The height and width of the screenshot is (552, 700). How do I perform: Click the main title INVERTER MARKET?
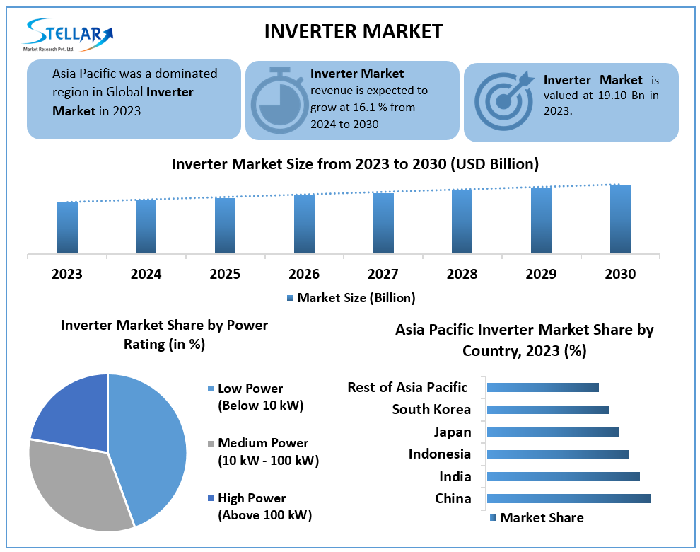point(353,31)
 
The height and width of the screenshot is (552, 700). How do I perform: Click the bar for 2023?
point(67,227)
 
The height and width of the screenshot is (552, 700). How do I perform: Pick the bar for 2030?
point(620,219)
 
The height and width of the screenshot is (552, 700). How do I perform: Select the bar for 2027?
point(383,223)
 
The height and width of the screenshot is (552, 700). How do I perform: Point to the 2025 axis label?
point(225,274)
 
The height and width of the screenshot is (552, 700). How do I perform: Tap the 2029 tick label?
point(541,274)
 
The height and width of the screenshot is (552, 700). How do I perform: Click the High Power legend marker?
point(210,498)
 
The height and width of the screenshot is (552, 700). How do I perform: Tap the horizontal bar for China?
point(568,498)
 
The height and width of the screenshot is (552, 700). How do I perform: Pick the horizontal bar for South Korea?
point(548,410)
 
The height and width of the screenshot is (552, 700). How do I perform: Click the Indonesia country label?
point(439,454)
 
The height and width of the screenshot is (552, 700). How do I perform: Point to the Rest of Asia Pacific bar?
point(543,387)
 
